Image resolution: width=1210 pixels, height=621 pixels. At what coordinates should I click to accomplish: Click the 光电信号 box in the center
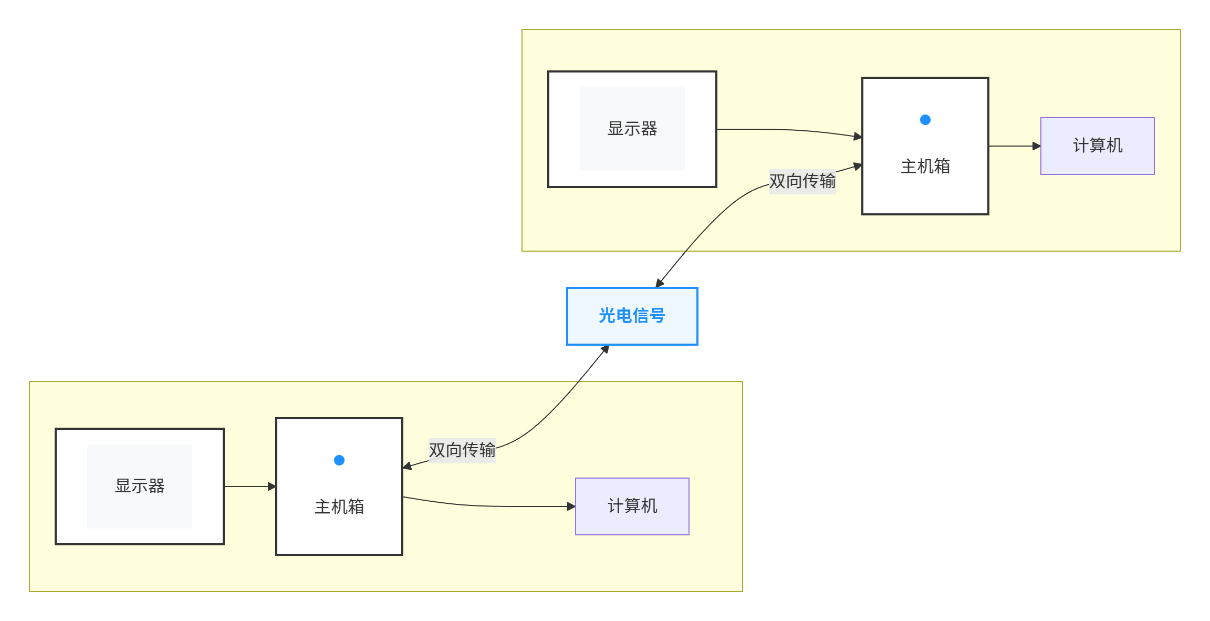pyautogui.click(x=632, y=316)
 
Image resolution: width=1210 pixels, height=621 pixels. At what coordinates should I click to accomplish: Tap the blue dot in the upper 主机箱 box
pyautogui.click(x=925, y=120)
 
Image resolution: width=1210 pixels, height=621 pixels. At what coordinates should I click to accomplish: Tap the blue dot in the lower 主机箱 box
pyautogui.click(x=339, y=460)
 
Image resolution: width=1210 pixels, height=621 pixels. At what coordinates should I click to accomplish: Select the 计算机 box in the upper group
pyautogui.click(x=1097, y=146)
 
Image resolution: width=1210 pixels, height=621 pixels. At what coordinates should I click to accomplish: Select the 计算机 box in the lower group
pyautogui.click(x=632, y=506)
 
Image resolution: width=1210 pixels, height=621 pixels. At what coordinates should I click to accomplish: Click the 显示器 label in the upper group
pyautogui.click(x=632, y=129)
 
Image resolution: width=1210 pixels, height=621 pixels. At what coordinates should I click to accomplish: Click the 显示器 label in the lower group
pyautogui.click(x=140, y=486)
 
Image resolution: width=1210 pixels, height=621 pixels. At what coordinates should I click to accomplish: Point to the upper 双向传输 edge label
pyautogui.click(x=802, y=181)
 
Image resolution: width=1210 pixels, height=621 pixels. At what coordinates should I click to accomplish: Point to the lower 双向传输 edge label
pyautogui.click(x=462, y=450)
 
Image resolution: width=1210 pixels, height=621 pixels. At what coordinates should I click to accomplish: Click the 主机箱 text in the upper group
pyautogui.click(x=925, y=167)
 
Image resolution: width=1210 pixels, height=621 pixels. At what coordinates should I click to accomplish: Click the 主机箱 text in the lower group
pyautogui.click(x=339, y=507)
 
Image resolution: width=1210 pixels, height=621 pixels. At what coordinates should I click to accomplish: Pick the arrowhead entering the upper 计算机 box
pyautogui.click(x=1036, y=146)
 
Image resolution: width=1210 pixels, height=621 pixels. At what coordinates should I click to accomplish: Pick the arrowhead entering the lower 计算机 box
pyautogui.click(x=571, y=506)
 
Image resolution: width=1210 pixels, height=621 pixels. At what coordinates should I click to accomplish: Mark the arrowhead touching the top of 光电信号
pyautogui.click(x=660, y=283)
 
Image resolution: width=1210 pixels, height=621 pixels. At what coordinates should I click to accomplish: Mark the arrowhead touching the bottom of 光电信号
pyautogui.click(x=605, y=349)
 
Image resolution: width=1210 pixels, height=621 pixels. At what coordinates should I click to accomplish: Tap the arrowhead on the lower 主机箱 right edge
pyautogui.click(x=408, y=466)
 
